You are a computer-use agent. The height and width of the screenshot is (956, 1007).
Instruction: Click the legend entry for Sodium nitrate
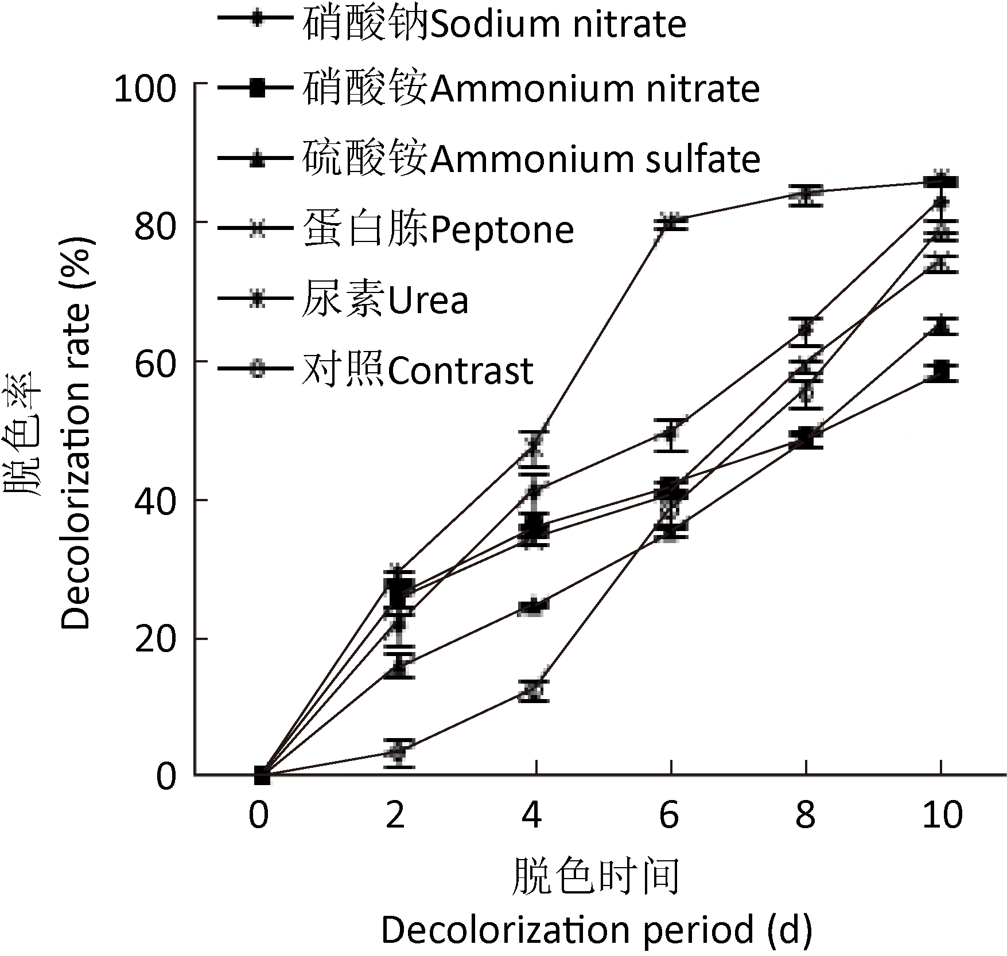click(x=493, y=24)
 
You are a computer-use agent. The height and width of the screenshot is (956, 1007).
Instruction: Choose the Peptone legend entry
click(x=438, y=229)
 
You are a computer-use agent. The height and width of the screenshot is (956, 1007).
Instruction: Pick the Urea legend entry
click(x=385, y=299)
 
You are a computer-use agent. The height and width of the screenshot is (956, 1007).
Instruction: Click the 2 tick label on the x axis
click(x=395, y=814)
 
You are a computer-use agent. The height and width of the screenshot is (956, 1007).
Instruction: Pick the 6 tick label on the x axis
click(x=669, y=814)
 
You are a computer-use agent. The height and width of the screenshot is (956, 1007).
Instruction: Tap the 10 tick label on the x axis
click(x=942, y=814)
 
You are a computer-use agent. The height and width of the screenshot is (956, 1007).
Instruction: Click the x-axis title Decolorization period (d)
click(x=597, y=930)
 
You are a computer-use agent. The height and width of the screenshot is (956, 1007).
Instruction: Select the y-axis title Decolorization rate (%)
click(x=76, y=434)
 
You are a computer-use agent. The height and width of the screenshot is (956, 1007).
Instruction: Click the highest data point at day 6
click(x=671, y=222)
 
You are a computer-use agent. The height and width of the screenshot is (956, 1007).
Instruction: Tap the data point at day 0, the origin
click(x=262, y=775)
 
